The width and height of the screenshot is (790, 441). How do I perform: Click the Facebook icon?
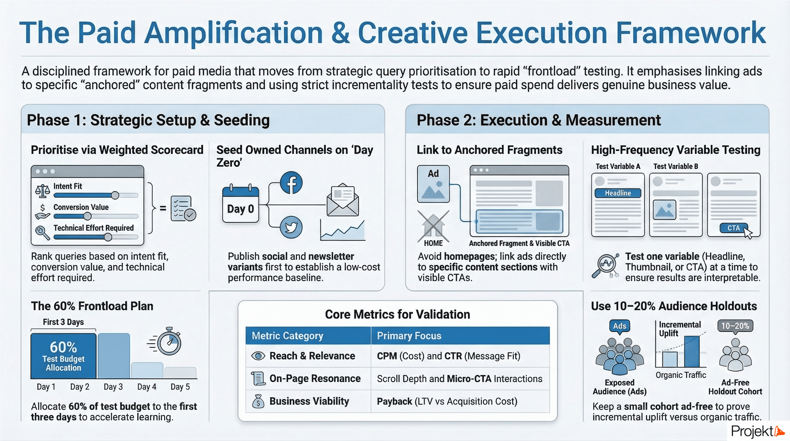click(291, 183)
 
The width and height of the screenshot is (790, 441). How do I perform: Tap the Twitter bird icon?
click(291, 227)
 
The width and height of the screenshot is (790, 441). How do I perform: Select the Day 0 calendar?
click(240, 204)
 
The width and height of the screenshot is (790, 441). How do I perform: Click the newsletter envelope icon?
click(343, 200)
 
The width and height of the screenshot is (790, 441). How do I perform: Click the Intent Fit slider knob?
click(115, 195)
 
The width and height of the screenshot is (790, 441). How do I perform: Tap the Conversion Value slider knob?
click(88, 216)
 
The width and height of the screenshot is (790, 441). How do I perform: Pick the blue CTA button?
click(733, 228)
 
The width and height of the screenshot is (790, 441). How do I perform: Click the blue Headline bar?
click(618, 193)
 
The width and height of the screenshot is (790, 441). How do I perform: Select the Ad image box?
click(433, 184)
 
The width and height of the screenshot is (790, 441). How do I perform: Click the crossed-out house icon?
click(433, 226)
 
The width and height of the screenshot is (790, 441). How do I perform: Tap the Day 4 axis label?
click(147, 387)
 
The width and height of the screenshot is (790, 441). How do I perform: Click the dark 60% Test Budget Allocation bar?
click(64, 356)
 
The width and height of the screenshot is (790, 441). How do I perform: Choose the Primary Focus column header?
click(409, 335)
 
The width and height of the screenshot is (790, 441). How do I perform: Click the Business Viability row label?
click(309, 401)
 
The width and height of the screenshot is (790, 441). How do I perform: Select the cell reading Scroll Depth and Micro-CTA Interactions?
click(459, 379)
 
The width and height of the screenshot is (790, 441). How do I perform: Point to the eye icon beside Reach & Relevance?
click(258, 356)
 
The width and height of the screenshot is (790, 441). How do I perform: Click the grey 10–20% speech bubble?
click(735, 326)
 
